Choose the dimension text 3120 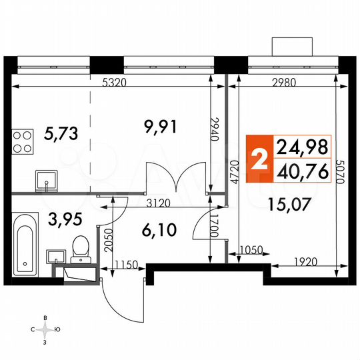(x=159, y=202)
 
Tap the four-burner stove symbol (x=23, y=141)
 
